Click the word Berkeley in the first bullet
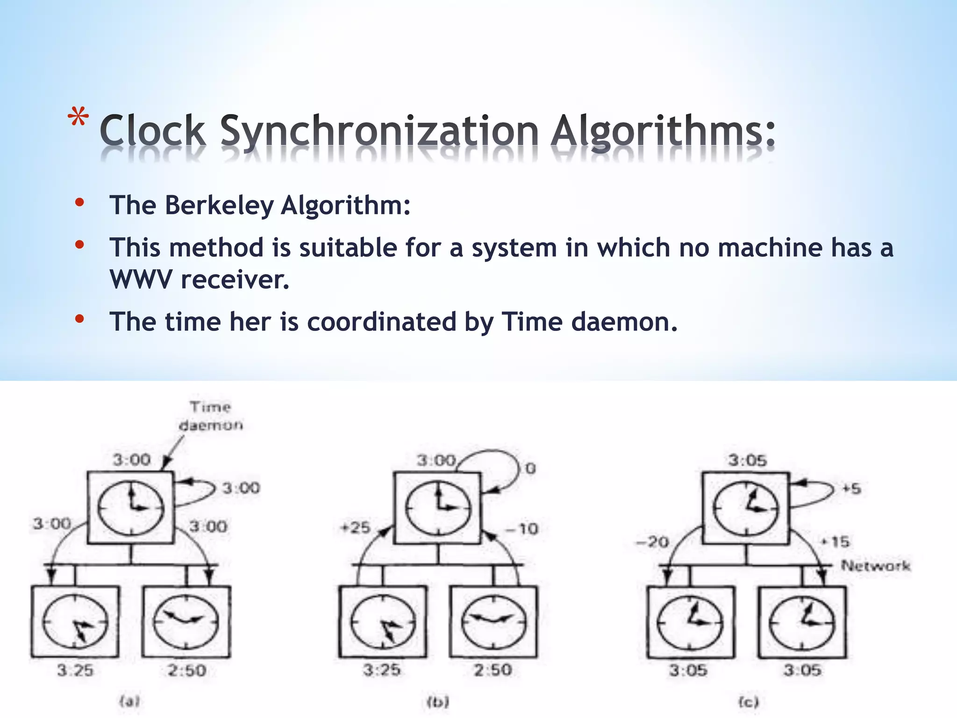pyautogui.click(x=219, y=206)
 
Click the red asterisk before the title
pyautogui.click(x=78, y=119)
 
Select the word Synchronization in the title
pyautogui.click(x=379, y=132)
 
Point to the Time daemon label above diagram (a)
pyautogui.click(x=211, y=416)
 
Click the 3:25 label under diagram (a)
pyautogui.click(x=75, y=670)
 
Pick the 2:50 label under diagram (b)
pyautogui.click(x=493, y=670)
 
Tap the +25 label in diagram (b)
pyautogui.click(x=355, y=528)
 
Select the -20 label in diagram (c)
pyautogui.click(x=652, y=542)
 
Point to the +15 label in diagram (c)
pyautogui.click(x=835, y=542)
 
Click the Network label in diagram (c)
pyautogui.click(x=875, y=566)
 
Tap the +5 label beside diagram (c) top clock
pyautogui.click(x=851, y=489)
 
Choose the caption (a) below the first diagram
pyautogui.click(x=130, y=701)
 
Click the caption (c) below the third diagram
pyautogui.click(x=748, y=702)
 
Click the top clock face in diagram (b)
pyautogui.click(x=438, y=508)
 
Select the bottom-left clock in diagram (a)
pyautogui.click(x=75, y=622)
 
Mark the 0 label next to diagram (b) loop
pyautogui.click(x=530, y=468)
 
